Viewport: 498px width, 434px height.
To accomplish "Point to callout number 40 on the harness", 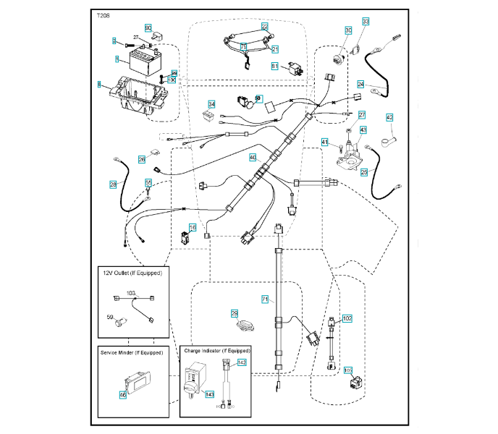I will (x=253, y=157).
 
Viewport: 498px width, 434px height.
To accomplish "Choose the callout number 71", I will (x=264, y=299).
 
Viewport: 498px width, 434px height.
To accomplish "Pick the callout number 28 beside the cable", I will (x=113, y=184).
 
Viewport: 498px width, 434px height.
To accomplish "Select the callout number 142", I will (x=242, y=362).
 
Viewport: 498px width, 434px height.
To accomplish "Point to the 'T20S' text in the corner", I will (x=104, y=14).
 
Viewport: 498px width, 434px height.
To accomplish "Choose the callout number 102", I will (x=347, y=318).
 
